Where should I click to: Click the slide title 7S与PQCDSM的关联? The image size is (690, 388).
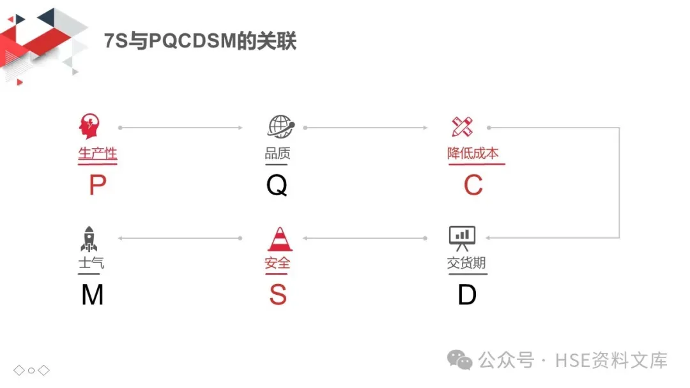coord(200,41)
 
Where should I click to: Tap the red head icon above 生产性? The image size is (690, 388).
coord(89,126)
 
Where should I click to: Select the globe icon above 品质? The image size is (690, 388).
coord(280,126)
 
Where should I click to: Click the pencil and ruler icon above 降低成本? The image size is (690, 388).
coord(462,126)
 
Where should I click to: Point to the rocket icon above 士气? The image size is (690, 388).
coord(89,238)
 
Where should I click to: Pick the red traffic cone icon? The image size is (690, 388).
coord(279,238)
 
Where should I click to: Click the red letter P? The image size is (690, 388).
coord(97,186)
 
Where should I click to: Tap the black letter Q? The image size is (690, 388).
coord(277,186)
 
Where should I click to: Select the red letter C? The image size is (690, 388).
coord(473,186)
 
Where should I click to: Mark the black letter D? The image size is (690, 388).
coord(467,295)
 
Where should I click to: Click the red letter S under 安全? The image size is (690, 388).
coord(278,295)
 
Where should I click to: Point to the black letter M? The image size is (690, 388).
coord(93,295)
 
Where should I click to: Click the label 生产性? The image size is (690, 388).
coord(97,154)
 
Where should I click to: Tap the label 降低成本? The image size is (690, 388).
coord(473,154)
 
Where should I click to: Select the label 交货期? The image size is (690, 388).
coord(467,263)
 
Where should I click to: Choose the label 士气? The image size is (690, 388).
coord(91,263)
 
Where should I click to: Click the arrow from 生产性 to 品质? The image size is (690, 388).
coord(181,128)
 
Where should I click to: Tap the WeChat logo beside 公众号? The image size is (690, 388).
coord(460,360)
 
